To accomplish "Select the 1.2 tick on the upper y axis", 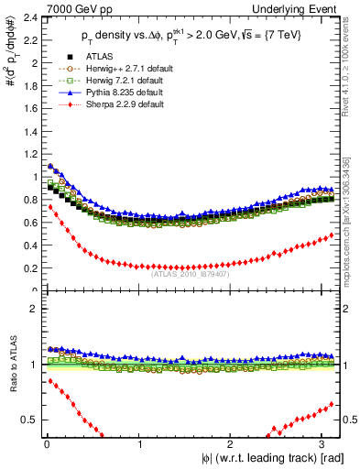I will [x=29, y=155].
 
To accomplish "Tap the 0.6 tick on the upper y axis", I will [x=29, y=223].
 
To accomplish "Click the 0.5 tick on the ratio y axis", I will [x=29, y=420].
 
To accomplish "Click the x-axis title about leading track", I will [x=278, y=458].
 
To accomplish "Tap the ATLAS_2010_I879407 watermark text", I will [x=190, y=273].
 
